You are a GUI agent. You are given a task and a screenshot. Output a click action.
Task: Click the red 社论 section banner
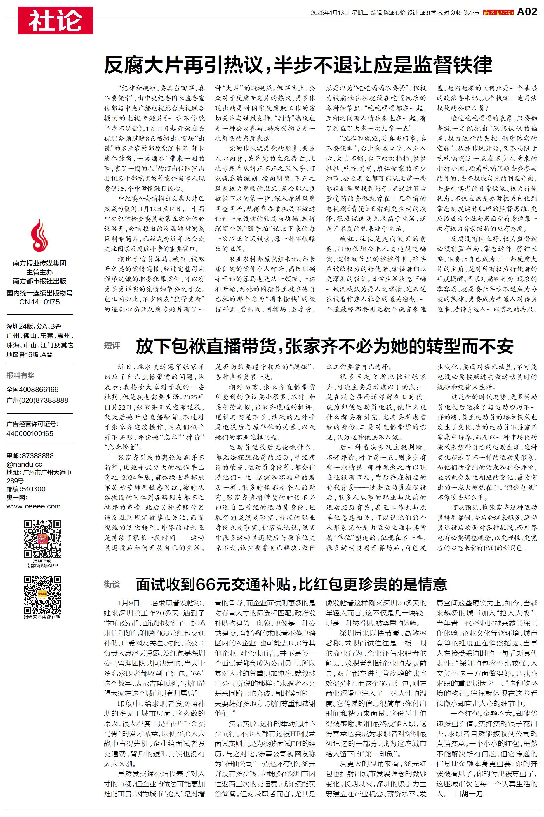55,20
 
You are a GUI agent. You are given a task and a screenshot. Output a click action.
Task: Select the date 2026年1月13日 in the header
329,13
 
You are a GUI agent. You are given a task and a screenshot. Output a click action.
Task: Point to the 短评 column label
112,345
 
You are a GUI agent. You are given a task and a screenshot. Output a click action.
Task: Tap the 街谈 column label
112,584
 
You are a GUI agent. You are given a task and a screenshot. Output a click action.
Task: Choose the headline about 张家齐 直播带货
324,346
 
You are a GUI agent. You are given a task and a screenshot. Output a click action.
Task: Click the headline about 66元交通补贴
291,584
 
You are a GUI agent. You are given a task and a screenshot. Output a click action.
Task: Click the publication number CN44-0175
39,302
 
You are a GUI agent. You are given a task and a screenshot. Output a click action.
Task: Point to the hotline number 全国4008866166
33,390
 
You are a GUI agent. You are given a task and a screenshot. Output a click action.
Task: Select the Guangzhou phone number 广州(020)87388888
37,400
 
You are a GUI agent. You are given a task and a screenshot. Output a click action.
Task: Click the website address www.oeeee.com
33,506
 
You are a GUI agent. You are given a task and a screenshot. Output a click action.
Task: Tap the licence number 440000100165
30,434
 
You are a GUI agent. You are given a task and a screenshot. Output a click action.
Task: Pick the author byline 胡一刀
472,794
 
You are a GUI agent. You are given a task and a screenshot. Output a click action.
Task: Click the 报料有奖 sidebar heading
20,375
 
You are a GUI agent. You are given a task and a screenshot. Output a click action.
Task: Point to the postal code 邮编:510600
26,489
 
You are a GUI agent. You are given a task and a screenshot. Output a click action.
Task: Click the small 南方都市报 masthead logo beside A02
498,13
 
